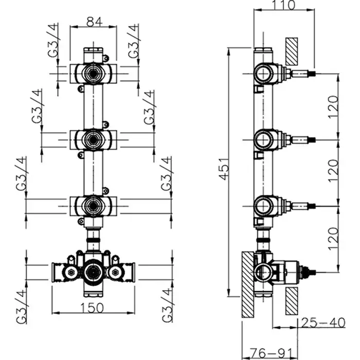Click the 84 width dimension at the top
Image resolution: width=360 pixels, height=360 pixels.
click(x=93, y=22)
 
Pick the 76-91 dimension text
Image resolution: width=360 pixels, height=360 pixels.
click(x=269, y=354)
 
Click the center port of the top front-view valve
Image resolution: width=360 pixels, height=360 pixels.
click(x=93, y=73)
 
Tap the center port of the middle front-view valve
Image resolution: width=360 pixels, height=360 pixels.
click(x=93, y=138)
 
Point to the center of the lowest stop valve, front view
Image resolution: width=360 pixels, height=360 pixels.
click(x=93, y=206)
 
